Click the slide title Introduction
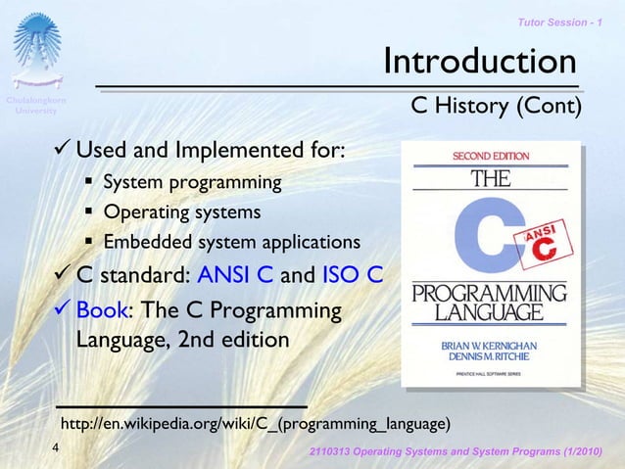pos(479,62)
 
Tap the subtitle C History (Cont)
pos(496,106)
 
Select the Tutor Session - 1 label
pos(562,22)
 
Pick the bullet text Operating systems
pos(182,212)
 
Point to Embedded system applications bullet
pos(231,242)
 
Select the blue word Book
pos(102,311)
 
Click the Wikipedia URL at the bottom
pos(256,424)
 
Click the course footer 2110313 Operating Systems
pos(464,451)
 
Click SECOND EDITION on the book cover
pos(490,157)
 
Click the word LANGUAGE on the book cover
pos(489,312)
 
